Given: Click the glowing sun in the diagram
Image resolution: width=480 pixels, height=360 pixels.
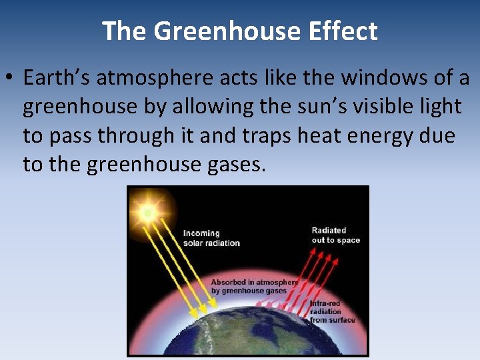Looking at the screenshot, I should tap(147, 212).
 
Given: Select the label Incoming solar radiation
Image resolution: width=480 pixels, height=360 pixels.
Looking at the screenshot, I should tap(211, 238).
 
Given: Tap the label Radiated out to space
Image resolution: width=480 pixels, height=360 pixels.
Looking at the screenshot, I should tap(335, 235).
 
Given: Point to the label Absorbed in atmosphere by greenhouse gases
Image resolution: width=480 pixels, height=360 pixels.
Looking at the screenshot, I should tap(253, 286).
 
